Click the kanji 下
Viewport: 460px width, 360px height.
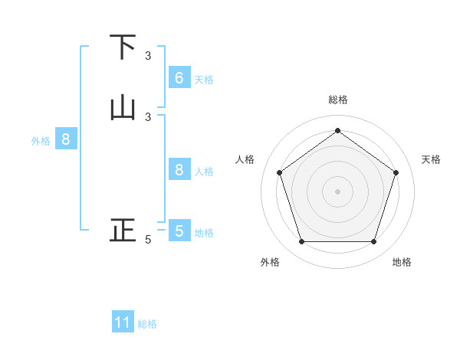pyautogui.click(x=123, y=47)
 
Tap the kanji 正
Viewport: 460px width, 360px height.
pyautogui.click(x=123, y=230)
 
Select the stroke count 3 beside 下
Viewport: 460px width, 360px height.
pyautogui.click(x=148, y=56)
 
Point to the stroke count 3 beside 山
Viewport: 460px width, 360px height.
pyautogui.click(x=148, y=116)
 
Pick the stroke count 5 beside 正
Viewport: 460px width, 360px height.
pyautogui.click(x=148, y=240)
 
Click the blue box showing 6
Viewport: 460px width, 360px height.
pyautogui.click(x=179, y=78)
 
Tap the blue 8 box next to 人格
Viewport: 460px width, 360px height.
pyautogui.click(x=179, y=170)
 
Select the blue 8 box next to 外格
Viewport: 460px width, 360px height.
pyautogui.click(x=66, y=139)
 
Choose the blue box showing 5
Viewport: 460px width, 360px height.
pyautogui.click(x=179, y=231)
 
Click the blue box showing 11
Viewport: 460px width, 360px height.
pyautogui.click(x=123, y=322)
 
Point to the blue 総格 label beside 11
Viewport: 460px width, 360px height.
pyautogui.click(x=147, y=324)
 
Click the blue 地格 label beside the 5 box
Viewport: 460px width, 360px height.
pyautogui.click(x=204, y=232)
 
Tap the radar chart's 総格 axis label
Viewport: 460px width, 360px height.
pyautogui.click(x=337, y=100)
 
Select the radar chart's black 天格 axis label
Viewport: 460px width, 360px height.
pyautogui.click(x=431, y=159)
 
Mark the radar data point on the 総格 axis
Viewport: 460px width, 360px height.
pyautogui.click(x=337, y=130)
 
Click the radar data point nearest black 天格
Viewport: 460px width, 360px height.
pyautogui.click(x=396, y=172)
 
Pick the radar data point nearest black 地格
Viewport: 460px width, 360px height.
pyautogui.click(x=373, y=242)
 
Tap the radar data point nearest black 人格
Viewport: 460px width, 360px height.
pyautogui.click(x=279, y=172)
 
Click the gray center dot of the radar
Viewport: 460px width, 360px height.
pyautogui.click(x=337, y=191)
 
